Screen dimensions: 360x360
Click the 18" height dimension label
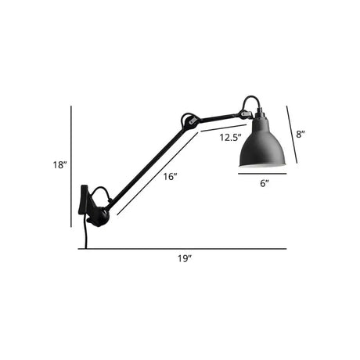[59, 164]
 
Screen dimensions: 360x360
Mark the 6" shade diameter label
[264, 182]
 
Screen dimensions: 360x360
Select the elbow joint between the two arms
[188, 121]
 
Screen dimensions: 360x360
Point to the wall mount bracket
[84, 200]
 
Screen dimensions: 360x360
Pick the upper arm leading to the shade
[219, 117]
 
